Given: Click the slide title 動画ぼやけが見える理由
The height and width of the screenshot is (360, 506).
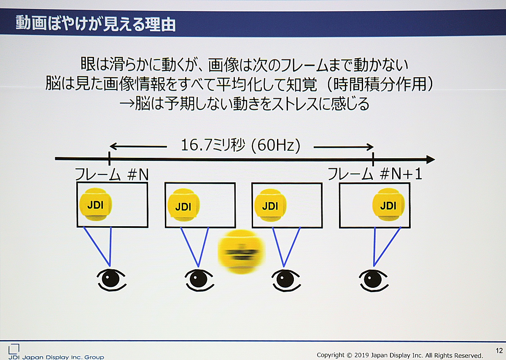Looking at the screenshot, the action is coord(95,24).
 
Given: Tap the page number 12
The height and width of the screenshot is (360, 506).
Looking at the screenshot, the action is coord(499,350).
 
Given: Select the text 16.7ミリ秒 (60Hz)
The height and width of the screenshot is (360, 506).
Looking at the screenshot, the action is coord(241,145).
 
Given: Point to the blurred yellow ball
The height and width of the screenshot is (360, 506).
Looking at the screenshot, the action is coord(241,252).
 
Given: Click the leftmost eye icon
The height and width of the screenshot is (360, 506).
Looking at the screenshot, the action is coord(111,279).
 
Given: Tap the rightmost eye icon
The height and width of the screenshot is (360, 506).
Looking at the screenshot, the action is coord(374,280).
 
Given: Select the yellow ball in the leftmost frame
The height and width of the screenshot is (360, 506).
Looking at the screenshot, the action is coord(96,204).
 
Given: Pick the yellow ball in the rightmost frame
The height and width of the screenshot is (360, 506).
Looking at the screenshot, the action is coord(388,205).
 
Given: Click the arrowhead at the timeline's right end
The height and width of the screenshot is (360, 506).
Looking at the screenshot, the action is coord(431,160).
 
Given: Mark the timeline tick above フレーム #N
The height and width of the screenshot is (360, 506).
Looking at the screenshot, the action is coord(109,159).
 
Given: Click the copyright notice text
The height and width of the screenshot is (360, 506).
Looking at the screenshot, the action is coord(400,355).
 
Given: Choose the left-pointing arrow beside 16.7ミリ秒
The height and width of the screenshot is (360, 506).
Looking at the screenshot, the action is coord(138,146).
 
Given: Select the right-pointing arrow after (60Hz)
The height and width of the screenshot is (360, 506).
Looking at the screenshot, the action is coord(344,147).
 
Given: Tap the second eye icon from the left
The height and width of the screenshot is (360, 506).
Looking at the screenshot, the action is coord(199,280).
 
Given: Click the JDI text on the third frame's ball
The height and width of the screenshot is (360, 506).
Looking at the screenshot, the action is coord(270,206).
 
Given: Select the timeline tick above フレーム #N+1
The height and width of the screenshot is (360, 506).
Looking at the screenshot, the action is coord(373,159).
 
